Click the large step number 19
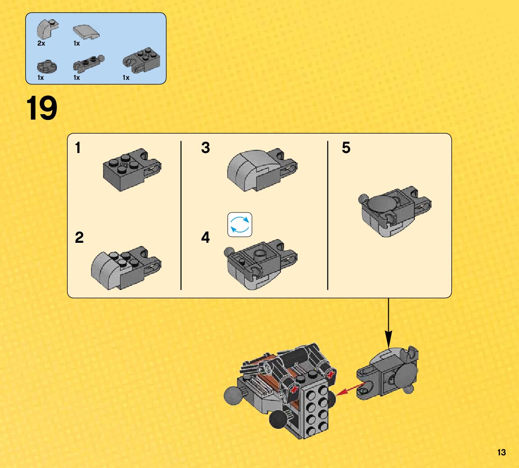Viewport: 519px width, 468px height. tap(41, 108)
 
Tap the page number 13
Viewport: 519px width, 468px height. tap(501, 453)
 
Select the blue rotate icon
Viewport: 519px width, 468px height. tap(239, 225)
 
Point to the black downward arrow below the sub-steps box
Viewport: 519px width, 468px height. tap(389, 323)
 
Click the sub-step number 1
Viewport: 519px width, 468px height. tap(78, 148)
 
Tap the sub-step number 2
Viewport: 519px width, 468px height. tap(79, 237)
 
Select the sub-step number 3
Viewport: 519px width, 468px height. tap(206, 148)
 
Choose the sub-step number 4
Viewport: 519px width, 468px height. tap(206, 237)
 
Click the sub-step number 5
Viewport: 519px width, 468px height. tap(346, 148)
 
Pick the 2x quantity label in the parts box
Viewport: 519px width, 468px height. tap(41, 43)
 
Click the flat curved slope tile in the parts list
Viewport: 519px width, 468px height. tap(86, 32)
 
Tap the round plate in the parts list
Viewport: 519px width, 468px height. tap(47, 66)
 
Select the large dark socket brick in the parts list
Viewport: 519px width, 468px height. tap(142, 60)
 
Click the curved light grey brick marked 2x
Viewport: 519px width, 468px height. tap(47, 28)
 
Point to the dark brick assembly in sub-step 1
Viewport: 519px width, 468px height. tap(132, 169)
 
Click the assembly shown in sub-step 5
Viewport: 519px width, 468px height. tap(395, 211)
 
